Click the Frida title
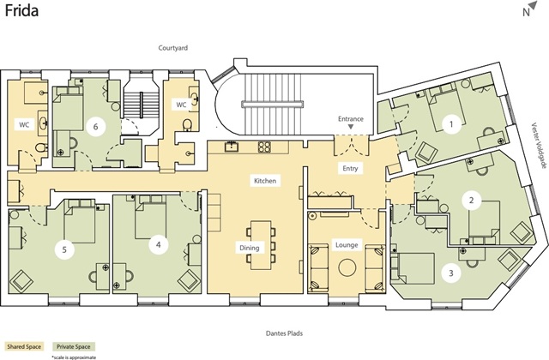pos(21,10)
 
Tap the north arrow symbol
pos(533,5)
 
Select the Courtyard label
pos(173,48)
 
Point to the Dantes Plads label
pos(284,333)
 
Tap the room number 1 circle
pos(451,123)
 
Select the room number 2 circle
pos(472,201)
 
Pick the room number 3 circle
pos(451,273)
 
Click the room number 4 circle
pos(158,244)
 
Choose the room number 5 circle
pos(64,249)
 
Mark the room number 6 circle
pos(95,127)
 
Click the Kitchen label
pos(265,181)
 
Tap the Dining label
pos(250,248)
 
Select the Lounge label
pos(347,245)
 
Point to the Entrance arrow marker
pos(351,127)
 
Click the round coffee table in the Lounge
pos(347,267)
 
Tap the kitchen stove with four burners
pos(264,147)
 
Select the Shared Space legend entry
pos(24,346)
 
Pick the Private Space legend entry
pos(74,346)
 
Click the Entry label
pos(350,168)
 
